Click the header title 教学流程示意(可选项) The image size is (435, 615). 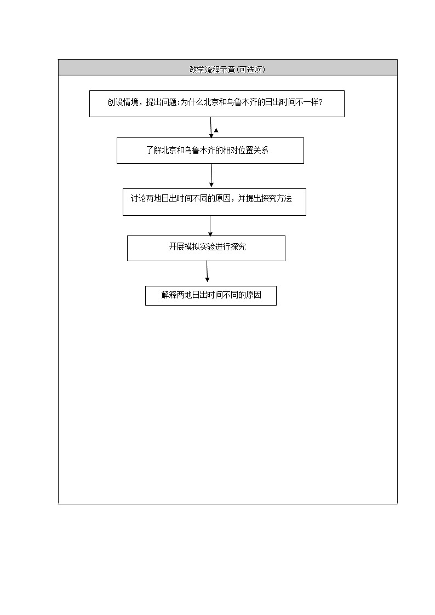[227, 70]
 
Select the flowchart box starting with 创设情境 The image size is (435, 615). [216, 104]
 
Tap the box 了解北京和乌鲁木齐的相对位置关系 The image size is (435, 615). [210, 151]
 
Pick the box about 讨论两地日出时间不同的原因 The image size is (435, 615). [214, 202]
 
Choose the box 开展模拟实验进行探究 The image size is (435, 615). [206, 248]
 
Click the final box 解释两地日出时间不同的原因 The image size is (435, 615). [210, 296]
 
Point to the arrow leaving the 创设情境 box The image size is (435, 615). [211, 128]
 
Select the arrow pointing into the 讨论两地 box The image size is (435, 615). [211, 176]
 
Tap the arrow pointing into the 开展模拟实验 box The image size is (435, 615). [210, 226]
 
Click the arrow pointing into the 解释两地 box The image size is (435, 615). [207, 273]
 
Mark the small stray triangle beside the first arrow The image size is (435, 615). [216, 130]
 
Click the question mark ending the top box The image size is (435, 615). [320, 102]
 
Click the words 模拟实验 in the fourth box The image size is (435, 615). [199, 247]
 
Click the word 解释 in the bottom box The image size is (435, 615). [167, 295]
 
